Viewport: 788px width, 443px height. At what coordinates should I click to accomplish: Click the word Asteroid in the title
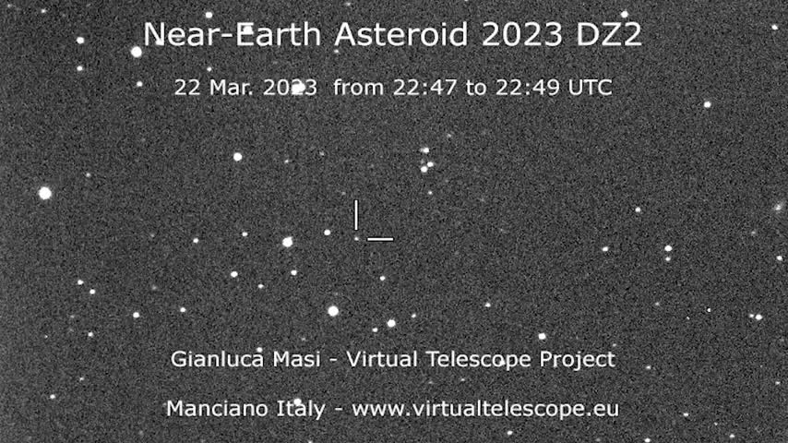[x=402, y=35]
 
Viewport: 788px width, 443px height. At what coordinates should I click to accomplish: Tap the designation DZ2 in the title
[x=609, y=35]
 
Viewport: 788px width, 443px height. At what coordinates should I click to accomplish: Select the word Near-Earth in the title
[x=233, y=35]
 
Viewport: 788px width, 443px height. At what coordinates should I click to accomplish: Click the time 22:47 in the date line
[x=424, y=88]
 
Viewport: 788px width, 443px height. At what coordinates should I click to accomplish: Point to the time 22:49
[x=528, y=88]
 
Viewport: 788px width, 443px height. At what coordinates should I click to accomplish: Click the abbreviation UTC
[x=590, y=88]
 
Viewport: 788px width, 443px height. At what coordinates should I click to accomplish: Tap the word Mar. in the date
[x=229, y=88]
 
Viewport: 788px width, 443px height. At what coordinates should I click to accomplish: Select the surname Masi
[x=296, y=359]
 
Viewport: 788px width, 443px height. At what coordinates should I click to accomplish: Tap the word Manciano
[x=217, y=408]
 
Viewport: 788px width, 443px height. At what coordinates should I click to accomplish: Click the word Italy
[x=301, y=409]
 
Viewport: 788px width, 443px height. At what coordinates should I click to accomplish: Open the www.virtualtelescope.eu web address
[x=485, y=409]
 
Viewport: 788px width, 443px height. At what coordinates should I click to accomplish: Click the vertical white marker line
[x=356, y=215]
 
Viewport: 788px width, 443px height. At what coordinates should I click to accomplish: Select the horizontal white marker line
[x=380, y=239]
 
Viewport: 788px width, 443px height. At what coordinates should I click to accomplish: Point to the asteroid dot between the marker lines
[x=356, y=239]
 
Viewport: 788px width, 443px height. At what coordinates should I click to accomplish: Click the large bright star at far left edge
[x=44, y=193]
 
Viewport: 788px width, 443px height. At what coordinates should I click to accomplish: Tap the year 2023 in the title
[x=521, y=35]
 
